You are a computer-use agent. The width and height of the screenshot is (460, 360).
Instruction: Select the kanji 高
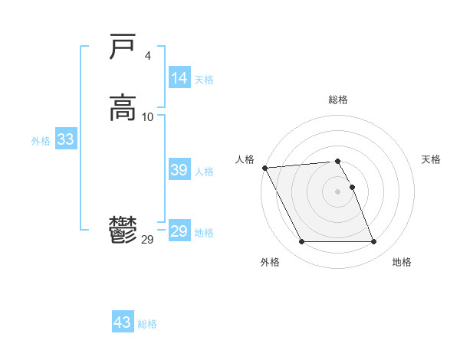[123, 107]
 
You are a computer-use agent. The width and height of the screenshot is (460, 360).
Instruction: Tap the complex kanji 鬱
[123, 230]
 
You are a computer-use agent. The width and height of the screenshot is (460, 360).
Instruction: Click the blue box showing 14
[179, 78]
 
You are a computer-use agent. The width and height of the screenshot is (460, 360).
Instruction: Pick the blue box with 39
[179, 171]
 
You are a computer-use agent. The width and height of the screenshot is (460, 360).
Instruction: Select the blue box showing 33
[65, 140]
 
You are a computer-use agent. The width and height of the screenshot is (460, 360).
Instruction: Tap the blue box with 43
[123, 322]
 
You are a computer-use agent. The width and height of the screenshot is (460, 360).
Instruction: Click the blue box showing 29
[179, 231]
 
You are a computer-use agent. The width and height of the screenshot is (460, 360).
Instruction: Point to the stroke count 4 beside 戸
[147, 55]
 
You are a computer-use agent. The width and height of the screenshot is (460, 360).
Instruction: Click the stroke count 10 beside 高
[148, 116]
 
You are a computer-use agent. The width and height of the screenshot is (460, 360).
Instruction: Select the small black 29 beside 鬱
[148, 240]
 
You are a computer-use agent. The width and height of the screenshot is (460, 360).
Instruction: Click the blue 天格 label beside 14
[204, 79]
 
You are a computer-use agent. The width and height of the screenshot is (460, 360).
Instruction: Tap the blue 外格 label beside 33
[41, 141]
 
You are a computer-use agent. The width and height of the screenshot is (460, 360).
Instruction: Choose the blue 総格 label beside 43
[148, 324]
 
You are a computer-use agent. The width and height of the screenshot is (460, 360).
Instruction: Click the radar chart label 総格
[338, 100]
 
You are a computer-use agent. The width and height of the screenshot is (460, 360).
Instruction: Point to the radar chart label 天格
[431, 159]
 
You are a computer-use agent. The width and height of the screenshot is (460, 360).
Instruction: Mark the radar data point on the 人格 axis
[264, 168]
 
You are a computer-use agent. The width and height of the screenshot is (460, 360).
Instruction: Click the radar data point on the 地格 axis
[374, 242]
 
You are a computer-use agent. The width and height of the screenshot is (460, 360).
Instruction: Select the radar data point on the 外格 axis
[301, 242]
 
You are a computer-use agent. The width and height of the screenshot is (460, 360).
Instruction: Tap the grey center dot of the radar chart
[338, 191]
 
